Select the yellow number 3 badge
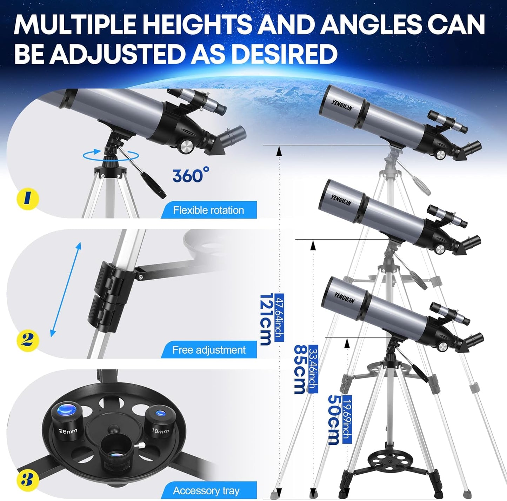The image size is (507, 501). [x=27, y=479]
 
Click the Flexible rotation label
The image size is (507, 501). [x=208, y=210]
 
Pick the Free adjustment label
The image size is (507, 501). [x=209, y=350]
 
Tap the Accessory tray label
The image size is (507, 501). [x=206, y=490]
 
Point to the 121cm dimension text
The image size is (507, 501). [x=266, y=319]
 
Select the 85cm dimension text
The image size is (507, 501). [x=300, y=369]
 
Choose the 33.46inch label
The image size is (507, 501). [x=313, y=369]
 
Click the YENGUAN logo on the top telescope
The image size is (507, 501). [x=342, y=104]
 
